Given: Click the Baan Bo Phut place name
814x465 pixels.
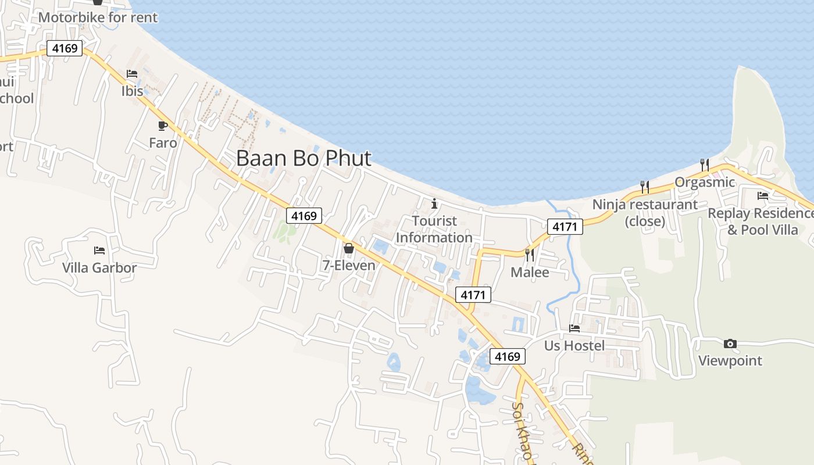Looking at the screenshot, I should point(304,158).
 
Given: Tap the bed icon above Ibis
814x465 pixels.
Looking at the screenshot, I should point(132,74).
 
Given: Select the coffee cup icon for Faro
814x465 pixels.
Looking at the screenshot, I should point(163,126).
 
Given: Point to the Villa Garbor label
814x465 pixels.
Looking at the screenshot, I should point(99,268).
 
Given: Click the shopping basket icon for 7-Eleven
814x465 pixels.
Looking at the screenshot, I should point(349,248).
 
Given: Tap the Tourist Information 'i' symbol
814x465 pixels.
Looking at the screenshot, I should point(434,203).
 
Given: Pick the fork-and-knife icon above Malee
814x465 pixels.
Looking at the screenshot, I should point(529,255).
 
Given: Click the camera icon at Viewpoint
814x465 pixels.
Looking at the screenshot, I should point(730,344).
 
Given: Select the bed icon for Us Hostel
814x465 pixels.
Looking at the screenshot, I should point(574,328).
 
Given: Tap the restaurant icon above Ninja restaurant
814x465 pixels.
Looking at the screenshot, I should point(644,187).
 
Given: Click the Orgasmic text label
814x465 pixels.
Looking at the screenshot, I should point(705,182).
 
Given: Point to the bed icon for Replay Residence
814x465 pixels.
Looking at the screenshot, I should point(762,196).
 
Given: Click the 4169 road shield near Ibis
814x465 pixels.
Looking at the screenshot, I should point(65,48).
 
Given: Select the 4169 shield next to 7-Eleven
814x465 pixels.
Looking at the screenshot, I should point(304,216).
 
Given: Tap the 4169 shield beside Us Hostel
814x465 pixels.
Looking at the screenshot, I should point(508,356).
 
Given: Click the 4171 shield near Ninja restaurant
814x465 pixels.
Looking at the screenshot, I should point(565,227).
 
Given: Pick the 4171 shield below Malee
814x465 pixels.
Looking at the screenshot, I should point(473,295).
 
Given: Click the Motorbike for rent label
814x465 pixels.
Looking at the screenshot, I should point(98,17).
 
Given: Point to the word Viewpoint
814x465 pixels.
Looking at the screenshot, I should point(730,360).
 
